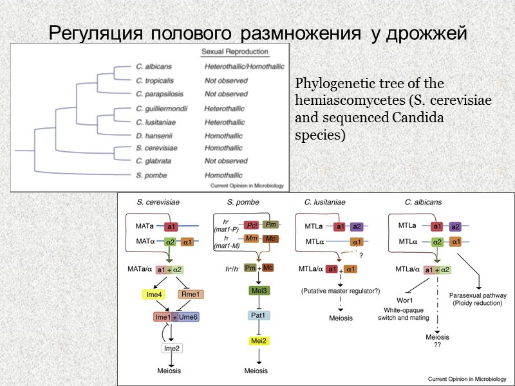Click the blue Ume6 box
tap(191, 317)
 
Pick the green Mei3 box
tap(258, 291)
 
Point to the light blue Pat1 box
tap(258, 315)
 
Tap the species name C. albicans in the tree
tap(153, 66)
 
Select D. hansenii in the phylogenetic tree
tap(152, 136)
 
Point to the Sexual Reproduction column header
tap(235, 52)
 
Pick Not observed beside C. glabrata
tap(226, 161)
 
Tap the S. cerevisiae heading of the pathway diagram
tap(158, 203)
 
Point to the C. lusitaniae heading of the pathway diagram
tap(325, 203)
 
